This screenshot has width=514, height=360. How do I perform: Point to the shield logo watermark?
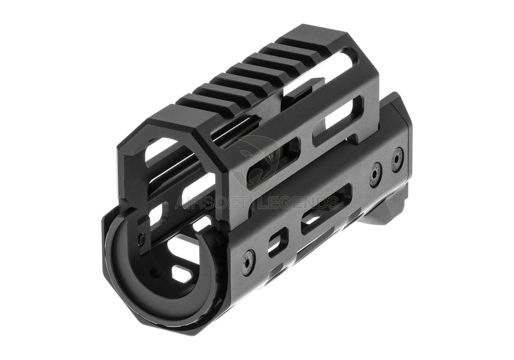coord(257,161)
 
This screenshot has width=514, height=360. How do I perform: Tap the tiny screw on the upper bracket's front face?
coord(141,239)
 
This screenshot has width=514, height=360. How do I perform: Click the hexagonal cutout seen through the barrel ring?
coord(182,273)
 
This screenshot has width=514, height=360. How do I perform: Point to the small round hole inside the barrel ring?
coord(154,272)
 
